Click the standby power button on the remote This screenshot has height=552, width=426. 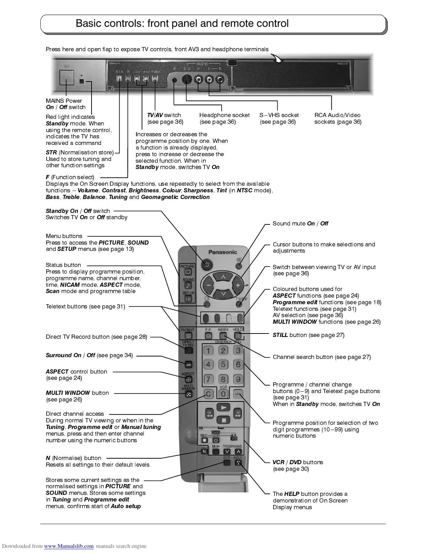207,264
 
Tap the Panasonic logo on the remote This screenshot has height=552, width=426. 222,252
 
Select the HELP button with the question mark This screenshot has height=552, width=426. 238,463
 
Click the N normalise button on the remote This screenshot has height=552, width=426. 205,452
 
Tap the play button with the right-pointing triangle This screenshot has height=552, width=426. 223,407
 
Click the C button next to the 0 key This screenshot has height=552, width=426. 208,394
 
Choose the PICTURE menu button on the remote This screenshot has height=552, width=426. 188,272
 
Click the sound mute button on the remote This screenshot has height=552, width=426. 239,266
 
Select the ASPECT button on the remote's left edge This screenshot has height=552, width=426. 188,379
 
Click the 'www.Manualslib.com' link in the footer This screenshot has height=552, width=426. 69,546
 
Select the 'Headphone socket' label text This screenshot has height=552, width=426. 224,115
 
